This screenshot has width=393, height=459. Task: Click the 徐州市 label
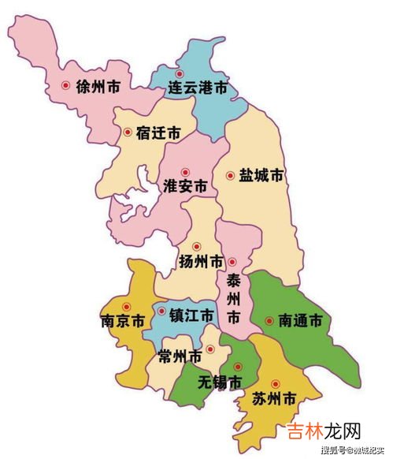point(98,86)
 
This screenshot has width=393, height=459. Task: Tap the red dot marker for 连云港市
point(180,74)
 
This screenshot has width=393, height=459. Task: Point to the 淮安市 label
point(185,187)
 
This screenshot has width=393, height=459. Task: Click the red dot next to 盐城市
point(230,176)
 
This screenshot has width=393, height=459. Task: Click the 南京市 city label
point(122,322)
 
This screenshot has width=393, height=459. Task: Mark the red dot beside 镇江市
point(161,312)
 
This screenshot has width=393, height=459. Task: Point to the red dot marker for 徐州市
point(65,86)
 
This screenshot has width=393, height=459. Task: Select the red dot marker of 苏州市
point(275,384)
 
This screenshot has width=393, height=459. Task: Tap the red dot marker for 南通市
point(269,321)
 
